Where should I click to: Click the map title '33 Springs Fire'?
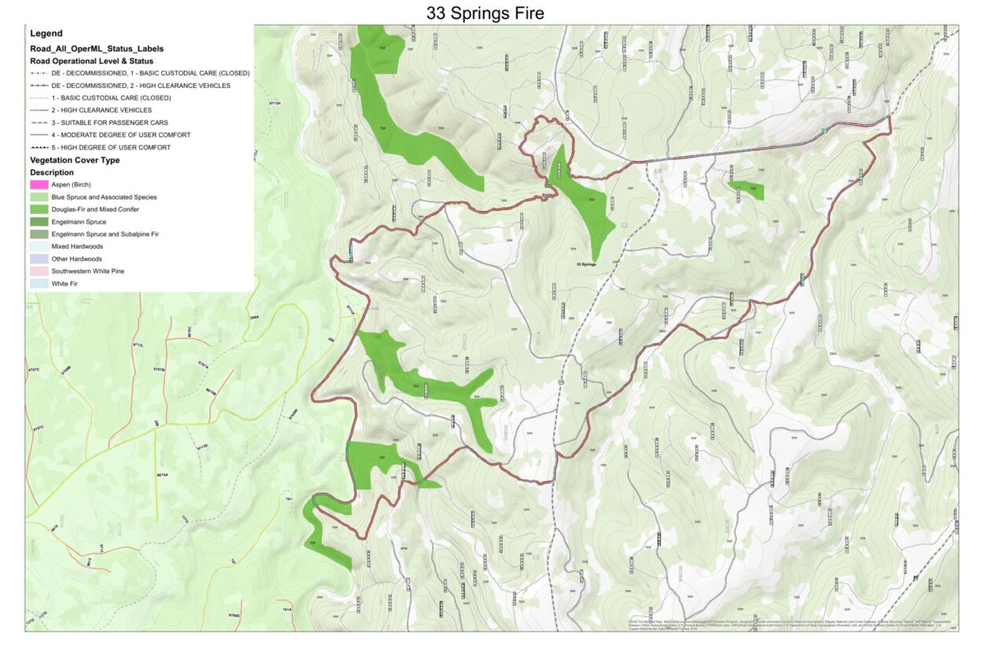(485, 13)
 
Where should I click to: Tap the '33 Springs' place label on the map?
(586, 264)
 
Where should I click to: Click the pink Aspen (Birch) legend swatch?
(39, 185)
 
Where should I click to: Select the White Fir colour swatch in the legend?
(39, 283)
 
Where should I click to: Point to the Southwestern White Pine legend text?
(88, 271)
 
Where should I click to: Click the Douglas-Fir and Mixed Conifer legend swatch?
(39, 209)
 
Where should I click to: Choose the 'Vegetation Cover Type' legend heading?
(75, 160)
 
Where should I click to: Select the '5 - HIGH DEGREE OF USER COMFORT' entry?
(110, 147)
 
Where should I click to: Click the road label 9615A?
(163, 475)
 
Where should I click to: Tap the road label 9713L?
(138, 346)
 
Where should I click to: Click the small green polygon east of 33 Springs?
(747, 191)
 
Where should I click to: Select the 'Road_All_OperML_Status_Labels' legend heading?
(96, 48)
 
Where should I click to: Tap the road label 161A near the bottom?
(287, 610)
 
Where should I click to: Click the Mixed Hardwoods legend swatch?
(39, 246)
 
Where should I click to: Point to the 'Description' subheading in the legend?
(52, 172)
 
